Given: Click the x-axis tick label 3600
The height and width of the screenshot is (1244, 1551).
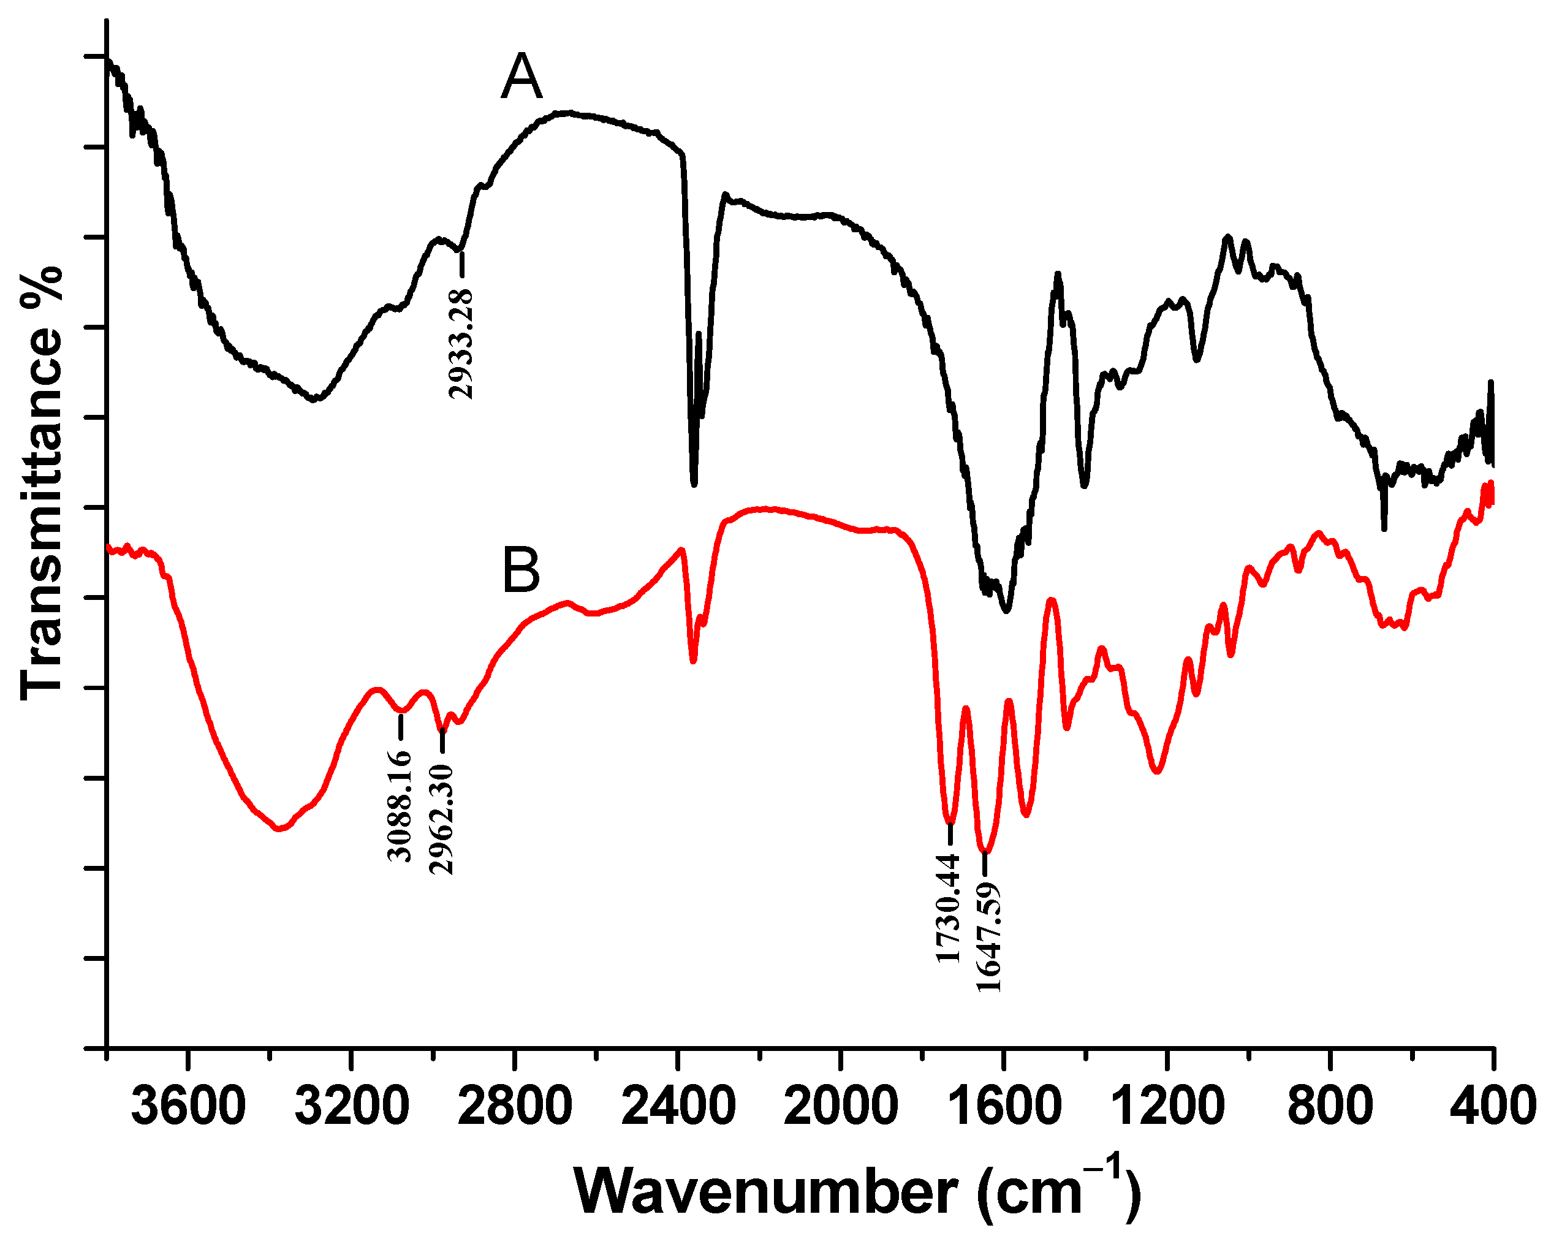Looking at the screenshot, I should pyautogui.click(x=189, y=1107).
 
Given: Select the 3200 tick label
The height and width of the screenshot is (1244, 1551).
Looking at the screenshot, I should pyautogui.click(x=352, y=1107).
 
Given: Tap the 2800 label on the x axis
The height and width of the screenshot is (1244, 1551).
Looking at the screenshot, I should pyautogui.click(x=514, y=1107).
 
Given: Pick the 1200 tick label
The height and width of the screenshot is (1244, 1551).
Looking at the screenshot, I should pyautogui.click(x=1166, y=1107).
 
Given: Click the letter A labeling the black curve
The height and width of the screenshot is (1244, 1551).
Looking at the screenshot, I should pyautogui.click(x=521, y=78).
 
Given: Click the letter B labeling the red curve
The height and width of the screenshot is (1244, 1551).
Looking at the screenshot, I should pyautogui.click(x=521, y=571).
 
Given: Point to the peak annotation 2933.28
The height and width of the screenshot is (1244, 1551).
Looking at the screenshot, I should pyautogui.click(x=461, y=343).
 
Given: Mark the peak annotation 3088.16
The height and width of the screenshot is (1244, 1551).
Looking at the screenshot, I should pyautogui.click(x=400, y=805).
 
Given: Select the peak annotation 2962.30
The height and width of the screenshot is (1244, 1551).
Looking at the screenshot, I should pyautogui.click(x=442, y=819).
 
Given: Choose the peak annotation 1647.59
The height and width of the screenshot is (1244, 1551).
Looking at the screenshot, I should pyautogui.click(x=988, y=935).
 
